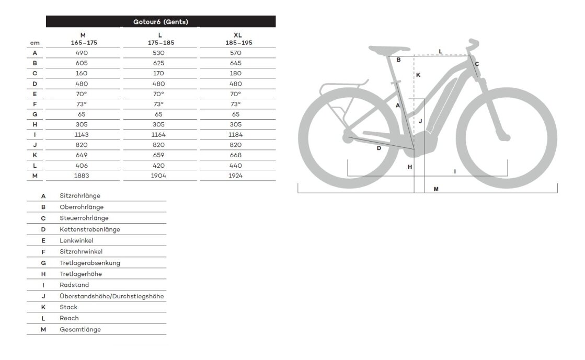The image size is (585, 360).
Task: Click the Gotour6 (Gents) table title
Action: pyautogui.click(x=160, y=22)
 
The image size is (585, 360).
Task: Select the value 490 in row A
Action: pyautogui.click(x=82, y=53)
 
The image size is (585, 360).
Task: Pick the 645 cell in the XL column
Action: pyautogui.click(x=236, y=63)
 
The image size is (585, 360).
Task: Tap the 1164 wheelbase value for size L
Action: pyautogui.click(x=158, y=135)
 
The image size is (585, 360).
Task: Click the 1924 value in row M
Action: pyautogui.click(x=236, y=176)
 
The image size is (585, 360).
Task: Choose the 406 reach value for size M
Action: pyautogui.click(x=82, y=166)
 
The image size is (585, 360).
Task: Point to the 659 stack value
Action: pyautogui.click(x=158, y=155)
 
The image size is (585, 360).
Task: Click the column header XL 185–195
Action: pyautogui.click(x=236, y=39)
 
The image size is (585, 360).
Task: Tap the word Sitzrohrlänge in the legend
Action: pyautogui.click(x=80, y=196)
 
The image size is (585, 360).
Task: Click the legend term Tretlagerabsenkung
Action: pyautogui.click(x=90, y=263)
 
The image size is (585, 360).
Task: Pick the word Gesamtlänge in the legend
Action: pyautogui.click(x=80, y=330)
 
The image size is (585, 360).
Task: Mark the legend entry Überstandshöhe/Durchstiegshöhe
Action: pyautogui.click(x=112, y=296)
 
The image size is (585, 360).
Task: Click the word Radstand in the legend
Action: pyautogui.click(x=74, y=285)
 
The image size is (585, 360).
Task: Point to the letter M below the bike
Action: pyautogui.click(x=436, y=189)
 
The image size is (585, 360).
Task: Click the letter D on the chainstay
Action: pyautogui.click(x=379, y=148)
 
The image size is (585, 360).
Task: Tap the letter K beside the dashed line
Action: pyautogui.click(x=418, y=75)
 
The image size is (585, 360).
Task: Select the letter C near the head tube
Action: pyautogui.click(x=477, y=64)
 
